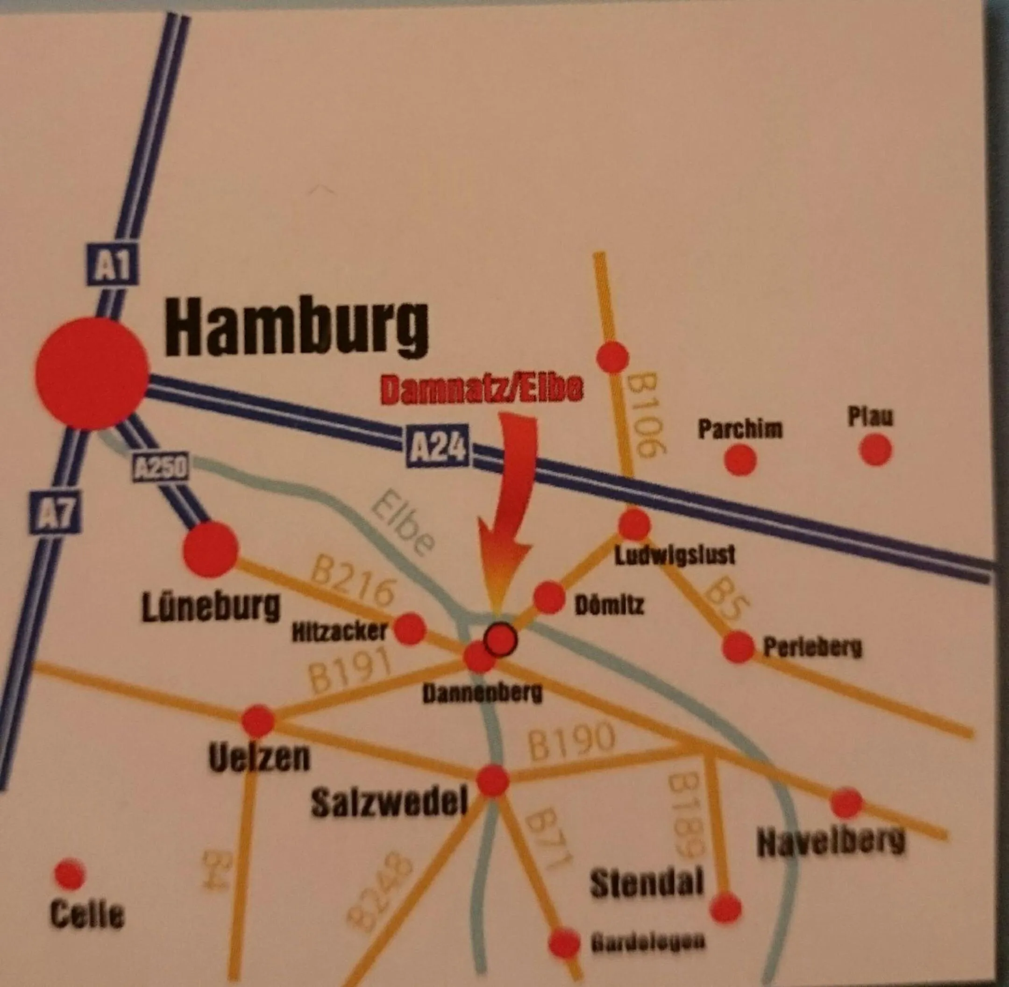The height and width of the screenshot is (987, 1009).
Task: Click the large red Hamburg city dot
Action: (92, 374)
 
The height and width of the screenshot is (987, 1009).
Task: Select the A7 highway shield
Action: (56, 513)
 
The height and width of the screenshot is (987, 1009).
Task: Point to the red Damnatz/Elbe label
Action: (482, 389)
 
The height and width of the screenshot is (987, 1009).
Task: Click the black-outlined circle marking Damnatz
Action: (500, 640)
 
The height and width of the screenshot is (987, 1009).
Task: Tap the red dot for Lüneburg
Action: (210, 550)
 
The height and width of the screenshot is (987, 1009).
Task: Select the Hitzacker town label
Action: (340, 632)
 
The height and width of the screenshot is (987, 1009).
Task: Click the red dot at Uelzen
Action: (258, 721)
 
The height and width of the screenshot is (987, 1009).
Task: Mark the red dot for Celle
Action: (70, 874)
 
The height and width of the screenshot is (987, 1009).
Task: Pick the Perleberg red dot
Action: (738, 646)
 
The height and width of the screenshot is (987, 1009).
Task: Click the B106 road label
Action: (641, 415)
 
